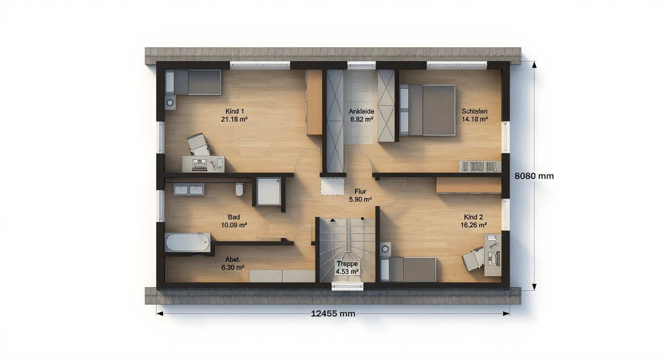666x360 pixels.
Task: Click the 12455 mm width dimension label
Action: pyautogui.click(x=333, y=314)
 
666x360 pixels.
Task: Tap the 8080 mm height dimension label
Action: pyautogui.click(x=534, y=176)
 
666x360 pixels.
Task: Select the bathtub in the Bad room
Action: pyautogui.click(x=188, y=242)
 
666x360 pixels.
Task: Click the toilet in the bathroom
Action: pyautogui.click(x=239, y=189)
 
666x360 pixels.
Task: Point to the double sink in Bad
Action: pyautogui.click(x=189, y=189)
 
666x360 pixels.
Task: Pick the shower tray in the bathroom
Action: pyautogui.click(x=268, y=191)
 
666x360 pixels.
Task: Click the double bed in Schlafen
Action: pyautogui.click(x=427, y=111)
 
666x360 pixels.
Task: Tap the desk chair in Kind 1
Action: pyautogui.click(x=198, y=144)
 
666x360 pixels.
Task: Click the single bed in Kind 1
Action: pyautogui.click(x=193, y=82)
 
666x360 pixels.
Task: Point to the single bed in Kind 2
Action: pyautogui.click(x=408, y=269)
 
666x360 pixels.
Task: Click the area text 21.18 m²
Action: pyautogui.click(x=234, y=119)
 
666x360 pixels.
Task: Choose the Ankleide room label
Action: pyautogui.click(x=361, y=111)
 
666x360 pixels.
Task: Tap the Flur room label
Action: pyautogui.click(x=360, y=191)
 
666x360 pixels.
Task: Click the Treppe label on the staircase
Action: pyautogui.click(x=347, y=264)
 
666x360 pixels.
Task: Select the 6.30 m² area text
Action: pyautogui.click(x=233, y=268)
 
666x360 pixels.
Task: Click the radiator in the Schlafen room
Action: pyautogui.click(x=479, y=167)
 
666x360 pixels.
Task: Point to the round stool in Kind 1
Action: pyautogui.click(x=170, y=102)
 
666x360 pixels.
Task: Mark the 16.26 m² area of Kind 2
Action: pyautogui.click(x=474, y=225)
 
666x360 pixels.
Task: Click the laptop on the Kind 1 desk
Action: pyautogui.click(x=199, y=165)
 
